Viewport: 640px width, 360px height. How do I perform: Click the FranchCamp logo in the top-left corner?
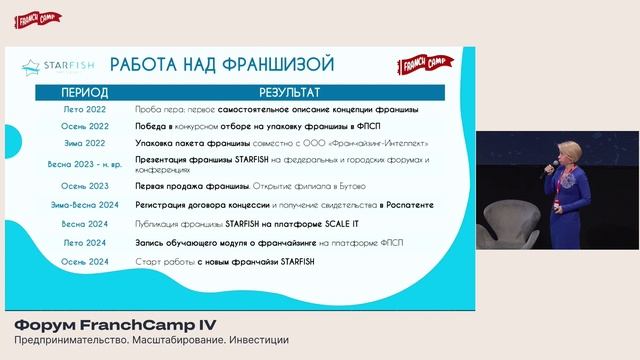39,19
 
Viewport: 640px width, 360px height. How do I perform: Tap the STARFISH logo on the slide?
59,68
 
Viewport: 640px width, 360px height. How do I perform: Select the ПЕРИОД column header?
77,91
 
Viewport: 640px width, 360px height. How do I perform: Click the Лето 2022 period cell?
77,109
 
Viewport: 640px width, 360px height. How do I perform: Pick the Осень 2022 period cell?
77,127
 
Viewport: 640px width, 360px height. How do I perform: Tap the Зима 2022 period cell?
77,145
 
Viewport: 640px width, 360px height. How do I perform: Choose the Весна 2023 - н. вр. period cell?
77,163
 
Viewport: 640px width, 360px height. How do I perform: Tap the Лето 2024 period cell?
77,243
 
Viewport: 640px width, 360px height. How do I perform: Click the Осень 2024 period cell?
77,262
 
